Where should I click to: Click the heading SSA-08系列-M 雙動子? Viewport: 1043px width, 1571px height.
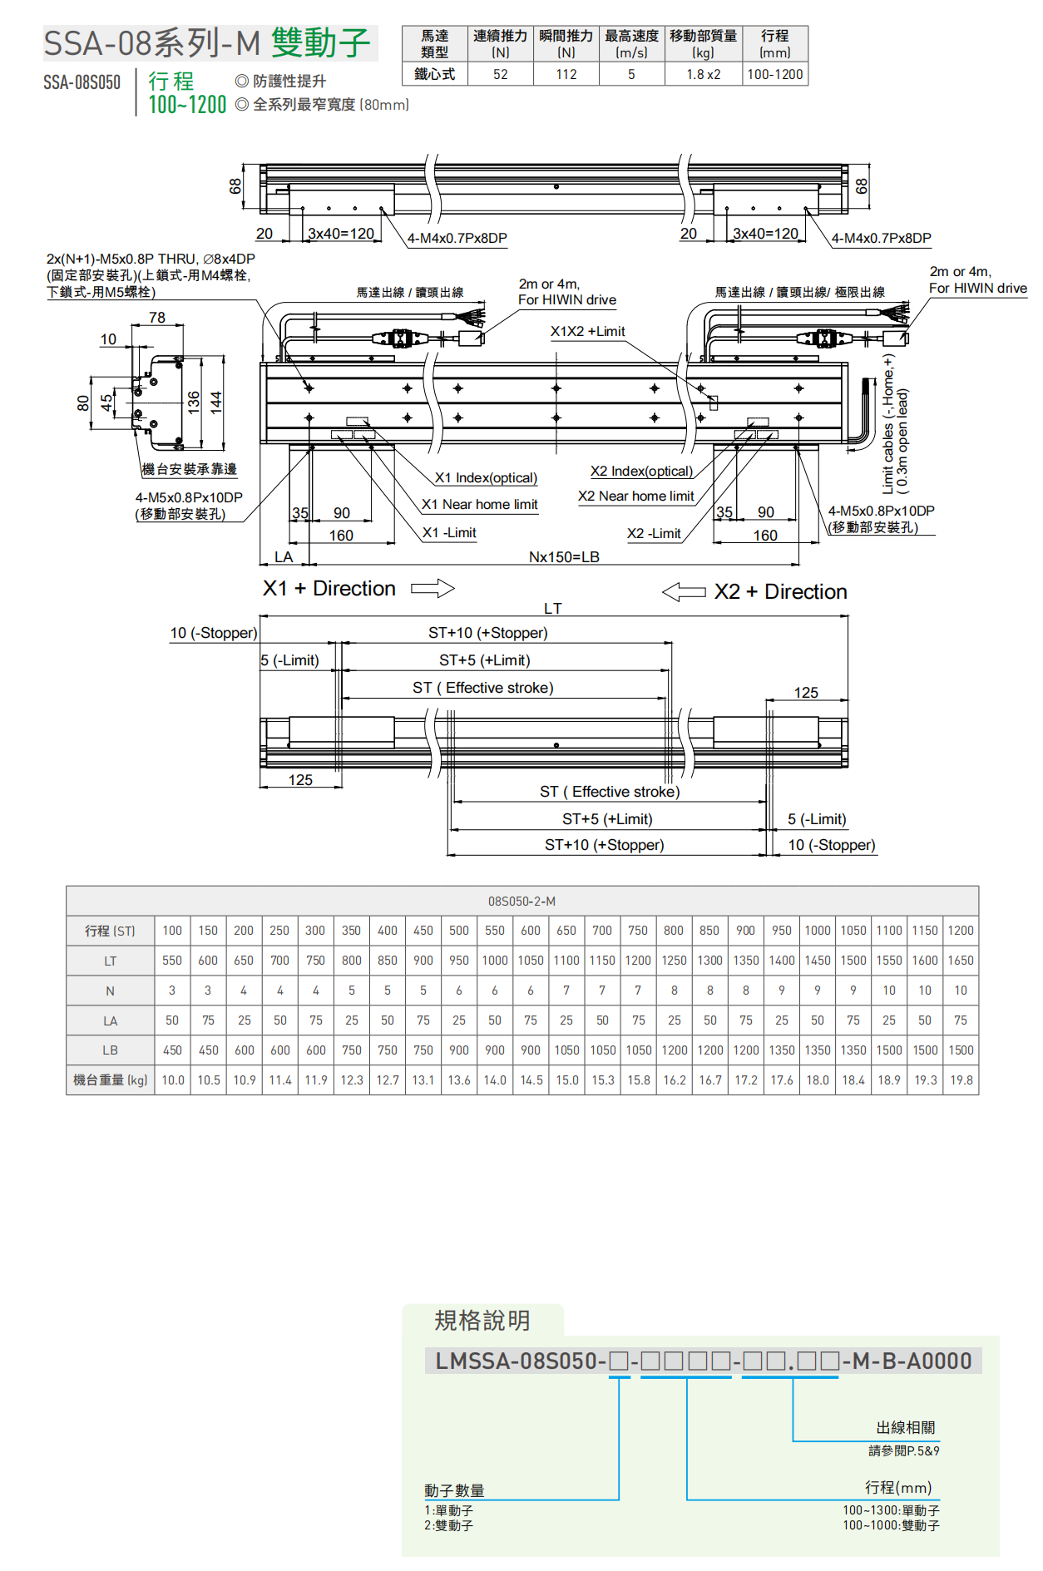point(208,43)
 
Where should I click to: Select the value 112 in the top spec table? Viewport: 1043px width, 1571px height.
point(566,74)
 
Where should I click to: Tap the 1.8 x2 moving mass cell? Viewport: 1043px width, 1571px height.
point(703,74)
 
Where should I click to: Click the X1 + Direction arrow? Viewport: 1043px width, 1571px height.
point(433,589)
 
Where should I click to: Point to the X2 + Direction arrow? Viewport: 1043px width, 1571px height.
point(684,592)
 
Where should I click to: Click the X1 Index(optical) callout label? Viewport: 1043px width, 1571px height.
point(486,478)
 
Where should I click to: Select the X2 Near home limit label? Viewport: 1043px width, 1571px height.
point(636,496)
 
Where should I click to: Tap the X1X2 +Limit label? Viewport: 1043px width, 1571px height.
point(587,331)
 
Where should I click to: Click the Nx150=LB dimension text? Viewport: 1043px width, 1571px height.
point(564,556)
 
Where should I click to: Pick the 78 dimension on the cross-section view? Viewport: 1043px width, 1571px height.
point(157,318)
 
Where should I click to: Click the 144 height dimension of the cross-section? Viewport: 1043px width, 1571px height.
point(216,403)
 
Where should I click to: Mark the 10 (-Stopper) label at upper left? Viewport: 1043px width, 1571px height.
point(214,633)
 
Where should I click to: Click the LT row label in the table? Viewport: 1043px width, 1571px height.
point(110,961)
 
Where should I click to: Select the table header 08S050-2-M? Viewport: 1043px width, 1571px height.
point(521,901)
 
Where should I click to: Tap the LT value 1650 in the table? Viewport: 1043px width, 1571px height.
point(961,961)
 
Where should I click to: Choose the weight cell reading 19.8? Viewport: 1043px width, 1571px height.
point(961,1080)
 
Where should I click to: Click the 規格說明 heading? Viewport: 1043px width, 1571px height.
point(482,1321)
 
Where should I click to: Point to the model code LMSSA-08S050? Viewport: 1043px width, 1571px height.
point(520,1361)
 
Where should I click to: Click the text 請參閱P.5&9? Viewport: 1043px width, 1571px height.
point(903,1450)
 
